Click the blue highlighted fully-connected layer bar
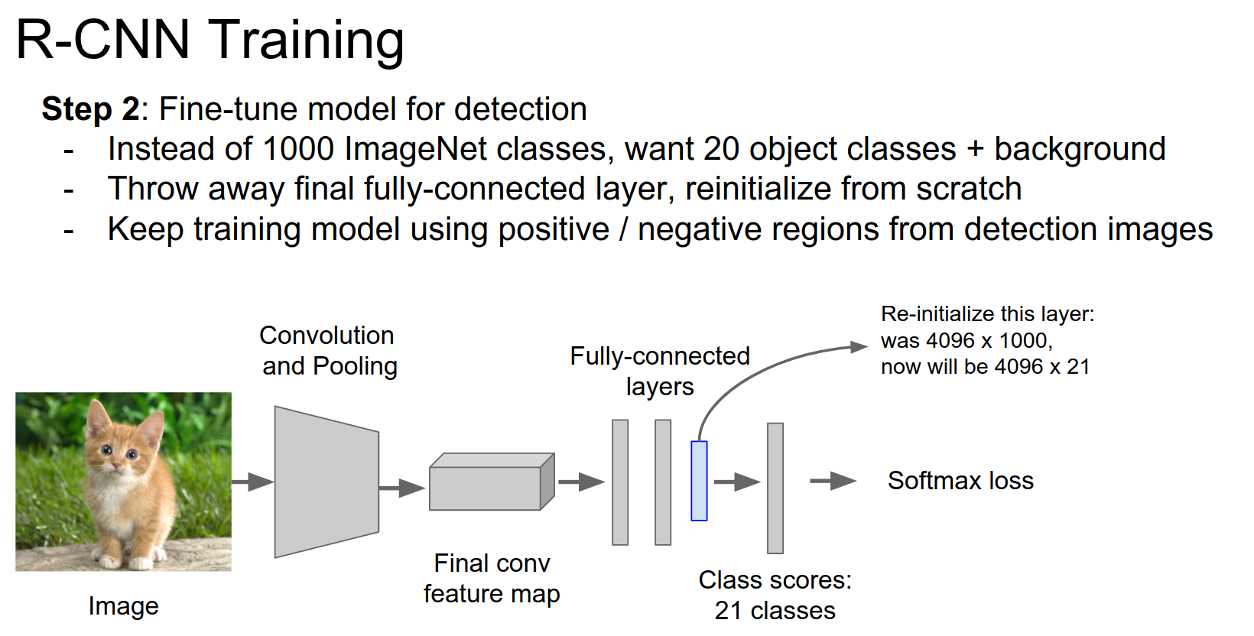(699, 481)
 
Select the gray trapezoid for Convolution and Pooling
(326, 482)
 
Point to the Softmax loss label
(960, 481)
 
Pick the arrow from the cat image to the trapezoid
(252, 482)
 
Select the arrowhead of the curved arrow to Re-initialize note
(860, 347)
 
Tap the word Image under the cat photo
(123, 606)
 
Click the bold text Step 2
(90, 109)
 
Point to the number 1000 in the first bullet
(297, 149)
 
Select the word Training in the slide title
(307, 40)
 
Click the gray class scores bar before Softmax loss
(775, 488)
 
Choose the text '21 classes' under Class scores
(775, 611)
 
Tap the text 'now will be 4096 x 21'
(985, 367)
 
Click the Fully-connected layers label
(660, 371)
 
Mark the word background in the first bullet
(1080, 149)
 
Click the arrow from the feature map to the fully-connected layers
(581, 482)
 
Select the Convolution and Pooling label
(329, 350)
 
